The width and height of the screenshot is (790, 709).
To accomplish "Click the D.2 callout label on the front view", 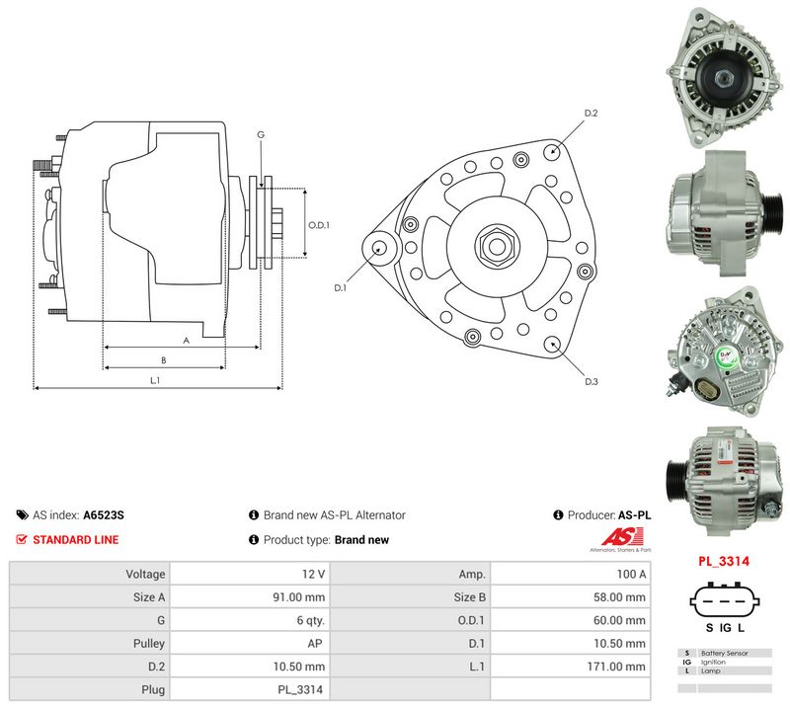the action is (x=591, y=114).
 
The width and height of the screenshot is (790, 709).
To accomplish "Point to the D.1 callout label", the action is (x=340, y=287).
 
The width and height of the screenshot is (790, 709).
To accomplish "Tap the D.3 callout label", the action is (x=591, y=381).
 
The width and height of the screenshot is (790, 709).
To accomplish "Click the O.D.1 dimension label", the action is (x=318, y=225).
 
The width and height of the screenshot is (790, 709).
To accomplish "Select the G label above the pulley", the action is (x=261, y=134).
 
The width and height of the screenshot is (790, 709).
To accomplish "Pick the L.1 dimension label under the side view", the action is (x=155, y=380).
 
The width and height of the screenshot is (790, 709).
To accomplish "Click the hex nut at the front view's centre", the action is (x=496, y=246).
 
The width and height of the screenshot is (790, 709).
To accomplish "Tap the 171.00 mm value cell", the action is (x=615, y=667).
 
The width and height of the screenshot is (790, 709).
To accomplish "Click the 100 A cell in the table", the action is (x=631, y=574).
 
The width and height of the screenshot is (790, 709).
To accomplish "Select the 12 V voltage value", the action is (x=313, y=574).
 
